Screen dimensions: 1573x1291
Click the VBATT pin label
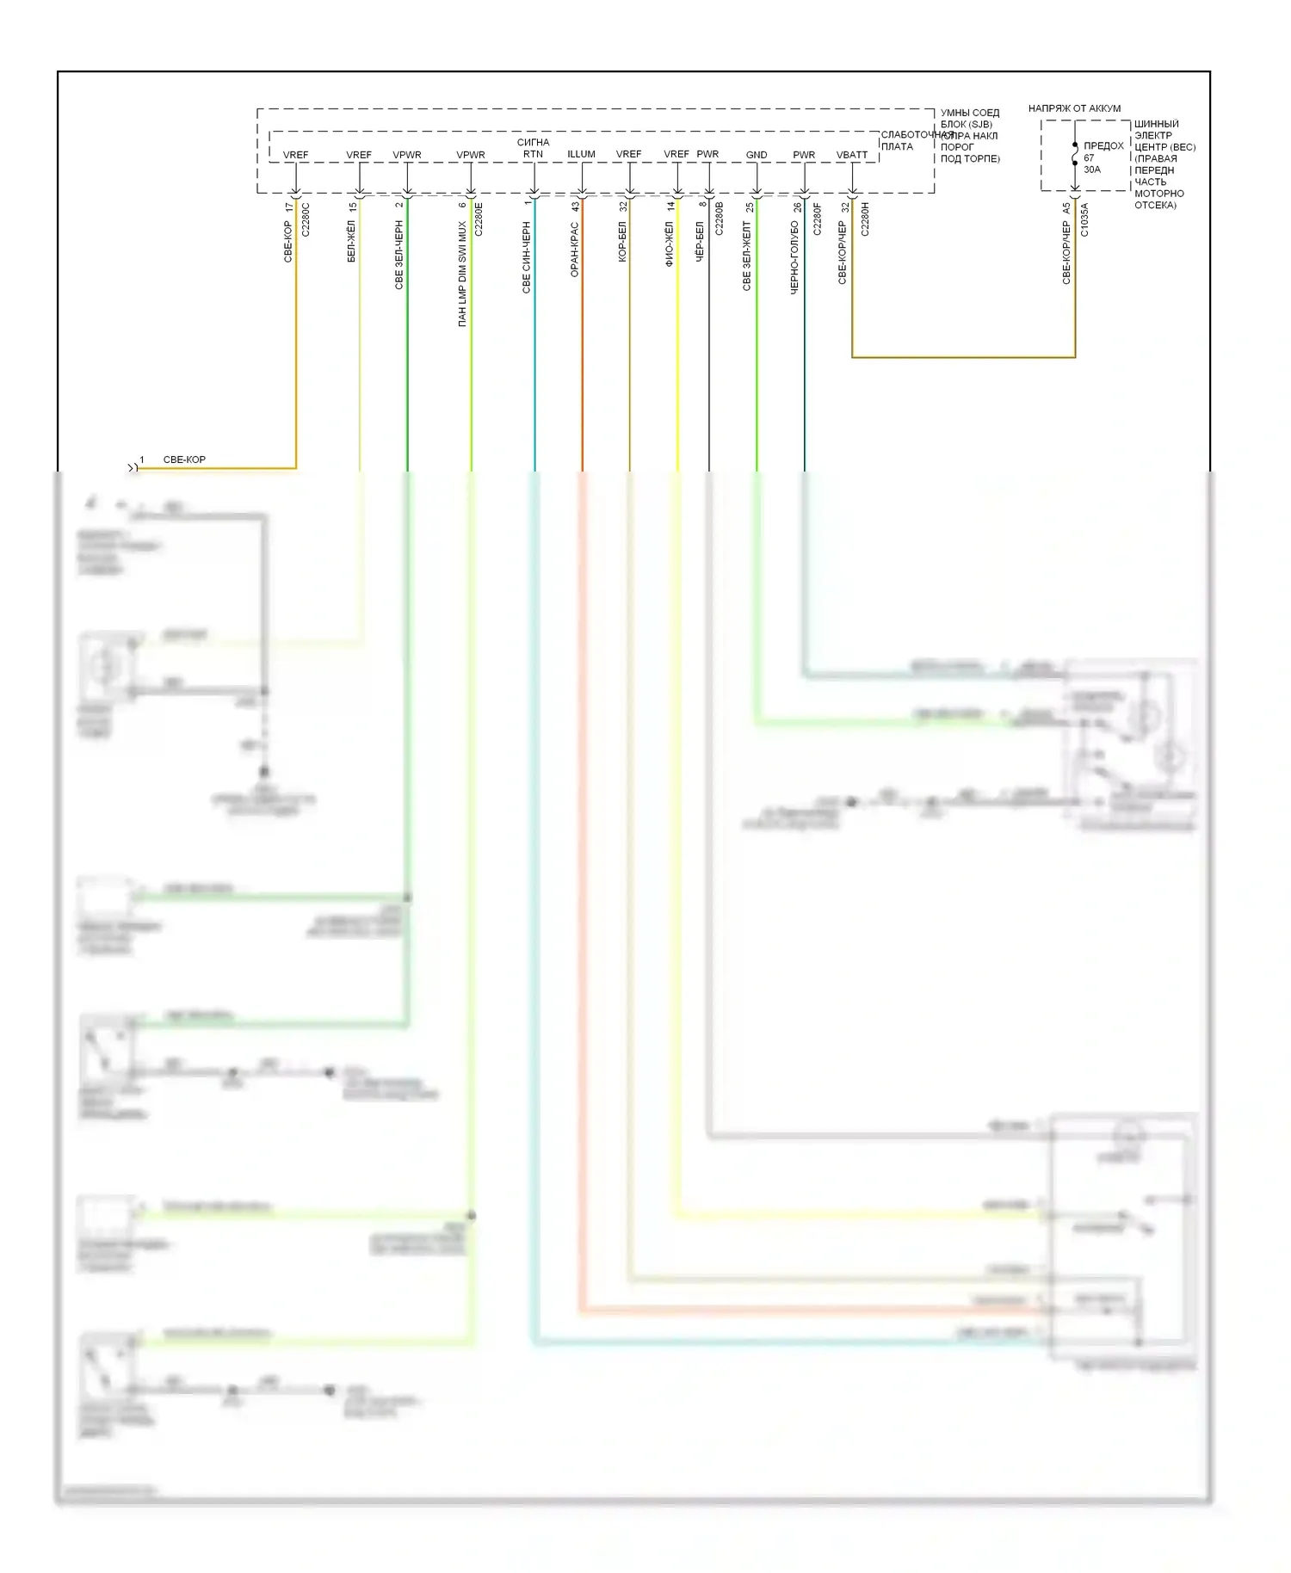(x=852, y=155)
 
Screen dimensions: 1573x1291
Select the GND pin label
(x=757, y=155)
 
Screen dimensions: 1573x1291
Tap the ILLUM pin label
(x=581, y=154)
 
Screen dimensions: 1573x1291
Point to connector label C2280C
(x=306, y=219)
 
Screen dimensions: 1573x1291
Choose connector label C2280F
(x=817, y=219)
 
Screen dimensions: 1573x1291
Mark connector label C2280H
(x=865, y=219)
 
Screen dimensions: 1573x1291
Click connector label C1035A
(x=1084, y=219)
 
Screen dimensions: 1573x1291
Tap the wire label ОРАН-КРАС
(x=575, y=249)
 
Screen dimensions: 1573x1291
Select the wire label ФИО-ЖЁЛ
(x=670, y=244)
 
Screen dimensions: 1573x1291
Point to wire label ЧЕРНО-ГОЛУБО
(x=794, y=257)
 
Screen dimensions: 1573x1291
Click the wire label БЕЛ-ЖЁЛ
(x=351, y=241)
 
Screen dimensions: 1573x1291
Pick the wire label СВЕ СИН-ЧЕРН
(x=527, y=257)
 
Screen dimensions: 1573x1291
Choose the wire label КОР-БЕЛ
(x=622, y=241)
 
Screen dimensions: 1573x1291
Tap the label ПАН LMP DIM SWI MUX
(x=462, y=274)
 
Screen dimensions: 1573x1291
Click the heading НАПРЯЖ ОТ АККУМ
(x=1074, y=108)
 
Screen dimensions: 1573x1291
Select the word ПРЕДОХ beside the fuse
(x=1103, y=146)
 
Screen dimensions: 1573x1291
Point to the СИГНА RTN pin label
(x=534, y=148)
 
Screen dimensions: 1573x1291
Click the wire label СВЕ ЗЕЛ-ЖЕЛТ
(x=747, y=256)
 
